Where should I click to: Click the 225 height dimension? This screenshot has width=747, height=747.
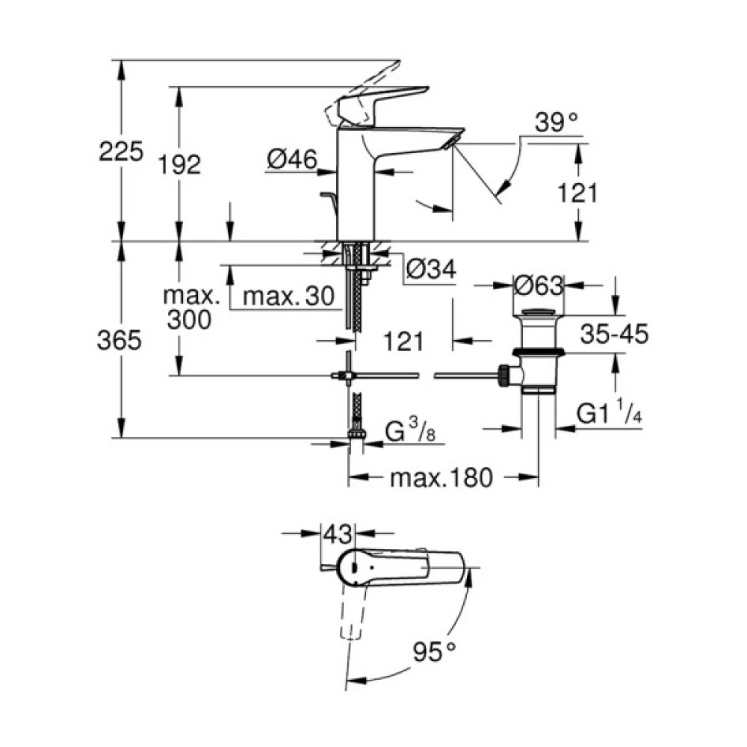[x=120, y=152]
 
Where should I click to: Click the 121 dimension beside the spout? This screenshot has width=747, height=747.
[x=577, y=193]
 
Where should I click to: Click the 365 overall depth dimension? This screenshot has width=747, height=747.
[x=120, y=341]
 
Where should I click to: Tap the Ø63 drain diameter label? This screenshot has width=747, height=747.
[x=537, y=285]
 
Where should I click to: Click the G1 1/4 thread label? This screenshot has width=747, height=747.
[x=610, y=413]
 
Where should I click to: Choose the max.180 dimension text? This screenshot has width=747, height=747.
[x=441, y=477]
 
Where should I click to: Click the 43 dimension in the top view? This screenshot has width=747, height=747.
[x=338, y=535]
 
